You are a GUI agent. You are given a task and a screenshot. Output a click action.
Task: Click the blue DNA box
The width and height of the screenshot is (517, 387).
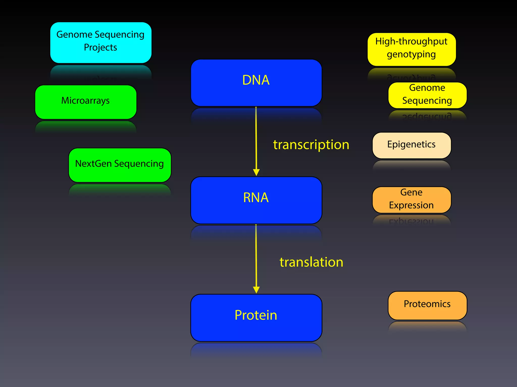[256, 83]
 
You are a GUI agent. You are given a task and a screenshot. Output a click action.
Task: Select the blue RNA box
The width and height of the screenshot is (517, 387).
[256, 200]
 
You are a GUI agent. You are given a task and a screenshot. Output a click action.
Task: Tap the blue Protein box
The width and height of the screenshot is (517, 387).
[256, 317]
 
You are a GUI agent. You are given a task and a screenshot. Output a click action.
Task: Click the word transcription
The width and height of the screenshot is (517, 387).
[311, 145]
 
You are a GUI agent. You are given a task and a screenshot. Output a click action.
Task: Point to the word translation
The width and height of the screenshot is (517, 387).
[311, 262]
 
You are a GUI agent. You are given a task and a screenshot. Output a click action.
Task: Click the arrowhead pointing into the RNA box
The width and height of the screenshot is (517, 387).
[256, 172]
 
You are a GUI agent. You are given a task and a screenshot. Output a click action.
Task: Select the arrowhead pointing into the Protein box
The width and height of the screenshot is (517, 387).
[256, 290]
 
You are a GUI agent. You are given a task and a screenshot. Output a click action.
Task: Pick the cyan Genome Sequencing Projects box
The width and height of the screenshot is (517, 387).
[101, 42]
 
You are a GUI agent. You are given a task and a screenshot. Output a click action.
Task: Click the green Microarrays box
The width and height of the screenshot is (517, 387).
[86, 102]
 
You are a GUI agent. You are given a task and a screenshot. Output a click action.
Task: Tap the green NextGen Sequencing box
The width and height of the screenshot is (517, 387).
[120, 165]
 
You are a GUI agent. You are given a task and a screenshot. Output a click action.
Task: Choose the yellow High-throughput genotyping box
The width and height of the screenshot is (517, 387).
[411, 49]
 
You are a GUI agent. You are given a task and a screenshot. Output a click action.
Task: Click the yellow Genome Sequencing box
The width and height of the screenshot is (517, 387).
[427, 95]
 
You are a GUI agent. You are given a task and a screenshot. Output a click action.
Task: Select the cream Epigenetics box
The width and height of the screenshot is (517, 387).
[411, 145]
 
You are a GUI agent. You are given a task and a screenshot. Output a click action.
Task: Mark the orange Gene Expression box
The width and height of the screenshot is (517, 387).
[411, 200]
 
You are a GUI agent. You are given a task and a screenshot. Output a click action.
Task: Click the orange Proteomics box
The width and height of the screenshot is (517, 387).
[427, 305]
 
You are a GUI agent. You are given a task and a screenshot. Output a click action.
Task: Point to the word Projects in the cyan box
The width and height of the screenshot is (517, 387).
[100, 48]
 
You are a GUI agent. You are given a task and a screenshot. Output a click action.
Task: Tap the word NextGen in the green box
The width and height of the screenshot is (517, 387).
[93, 164]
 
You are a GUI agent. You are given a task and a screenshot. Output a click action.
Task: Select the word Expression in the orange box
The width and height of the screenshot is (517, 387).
[411, 205]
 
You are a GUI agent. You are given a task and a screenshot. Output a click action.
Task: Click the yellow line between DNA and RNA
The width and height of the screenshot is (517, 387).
[256, 139]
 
